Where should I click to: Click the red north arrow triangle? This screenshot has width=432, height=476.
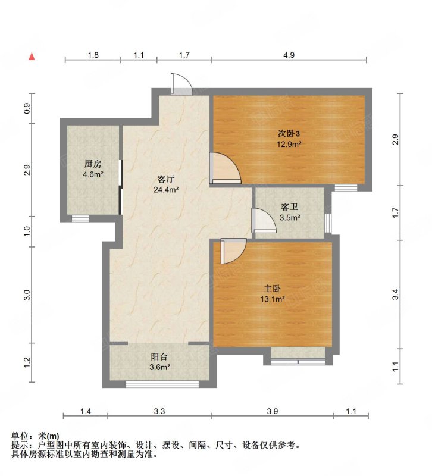pyautogui.click(x=32, y=57)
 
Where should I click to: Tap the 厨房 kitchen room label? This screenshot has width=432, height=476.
pyautogui.click(x=93, y=164)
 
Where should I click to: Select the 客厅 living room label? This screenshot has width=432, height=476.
pyautogui.click(x=166, y=179)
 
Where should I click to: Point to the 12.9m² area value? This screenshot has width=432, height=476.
pyautogui.click(x=289, y=144)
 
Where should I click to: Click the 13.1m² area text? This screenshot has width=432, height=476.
pyautogui.click(x=273, y=299)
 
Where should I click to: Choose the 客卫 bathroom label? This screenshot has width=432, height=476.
pyautogui.click(x=289, y=207)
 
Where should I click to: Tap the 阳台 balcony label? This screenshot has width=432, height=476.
pyautogui.click(x=159, y=357)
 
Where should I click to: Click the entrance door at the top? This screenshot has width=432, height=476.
pyautogui.click(x=181, y=84)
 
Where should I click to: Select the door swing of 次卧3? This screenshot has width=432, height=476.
pyautogui.click(x=225, y=168)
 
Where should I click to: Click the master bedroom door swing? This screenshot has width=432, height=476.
pyautogui.click(x=233, y=251)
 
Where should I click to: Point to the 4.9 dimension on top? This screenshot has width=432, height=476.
pyautogui.click(x=289, y=55)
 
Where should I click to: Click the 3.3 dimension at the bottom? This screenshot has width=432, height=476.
pyautogui.click(x=159, y=411)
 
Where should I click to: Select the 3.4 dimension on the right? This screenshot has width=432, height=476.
pyautogui.click(x=395, y=295)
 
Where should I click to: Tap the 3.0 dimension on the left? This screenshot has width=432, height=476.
pyautogui.click(x=27, y=295)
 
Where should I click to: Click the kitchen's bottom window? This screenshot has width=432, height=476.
pyautogui.click(x=80, y=218)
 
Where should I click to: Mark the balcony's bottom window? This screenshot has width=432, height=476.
pyautogui.click(x=162, y=384)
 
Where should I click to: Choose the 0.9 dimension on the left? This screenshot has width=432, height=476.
pyautogui.click(x=27, y=108)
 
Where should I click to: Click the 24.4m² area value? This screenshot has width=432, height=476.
pyautogui.click(x=166, y=190)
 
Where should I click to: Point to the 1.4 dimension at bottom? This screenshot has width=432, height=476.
pyautogui.click(x=85, y=411)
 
